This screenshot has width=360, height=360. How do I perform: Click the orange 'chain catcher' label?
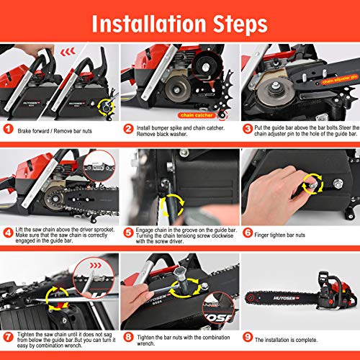click(x=198, y=114)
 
